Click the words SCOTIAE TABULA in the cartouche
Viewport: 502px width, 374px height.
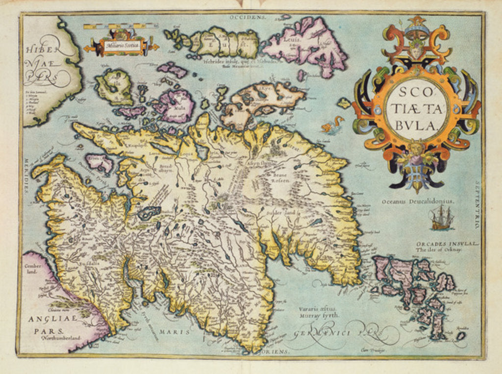[x=416, y=108]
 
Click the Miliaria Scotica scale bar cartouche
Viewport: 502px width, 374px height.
[x=122, y=47]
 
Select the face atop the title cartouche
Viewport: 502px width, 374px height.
[x=416, y=50]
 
